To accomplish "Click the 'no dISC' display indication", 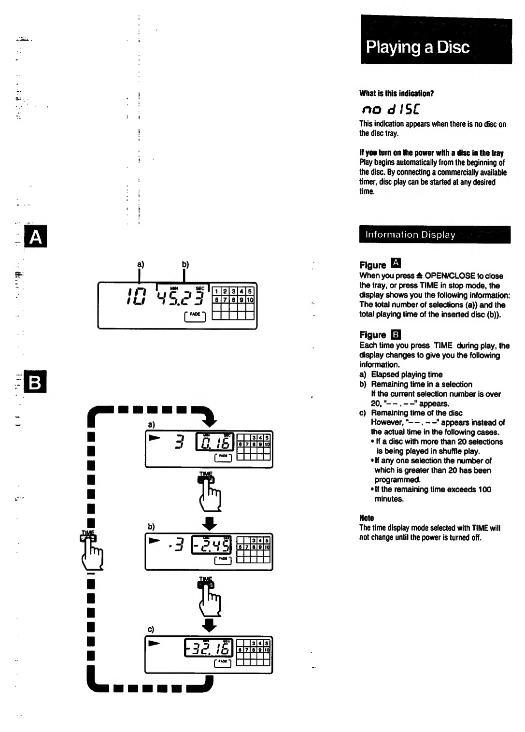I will [x=391, y=109].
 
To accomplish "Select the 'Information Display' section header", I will [x=435, y=235].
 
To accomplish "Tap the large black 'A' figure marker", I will [x=36, y=237].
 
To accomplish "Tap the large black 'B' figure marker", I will [x=36, y=382].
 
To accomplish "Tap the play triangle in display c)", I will [x=154, y=643].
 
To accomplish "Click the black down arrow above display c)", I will [x=209, y=625].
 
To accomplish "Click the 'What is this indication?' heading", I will [x=397, y=93].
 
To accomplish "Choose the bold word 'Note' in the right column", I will [x=367, y=518].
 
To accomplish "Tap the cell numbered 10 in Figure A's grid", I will [x=250, y=300].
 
